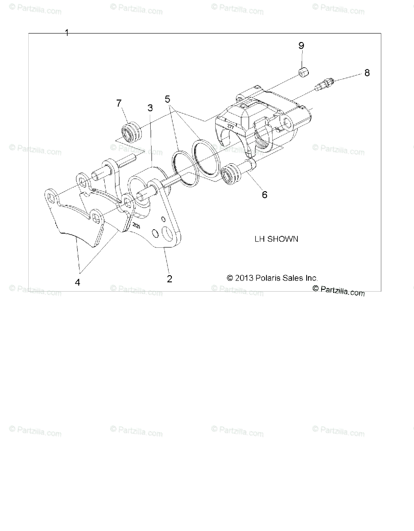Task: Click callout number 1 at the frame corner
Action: [x=67, y=33]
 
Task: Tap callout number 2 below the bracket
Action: [x=169, y=279]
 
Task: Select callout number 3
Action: [x=150, y=108]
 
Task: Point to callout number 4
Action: [x=78, y=282]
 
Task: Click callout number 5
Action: [x=168, y=99]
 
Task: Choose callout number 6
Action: [x=265, y=194]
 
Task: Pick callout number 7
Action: [x=119, y=104]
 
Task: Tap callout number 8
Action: [x=367, y=73]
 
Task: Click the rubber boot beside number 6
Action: [x=232, y=174]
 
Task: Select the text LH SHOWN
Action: [x=276, y=239]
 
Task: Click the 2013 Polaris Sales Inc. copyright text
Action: [x=272, y=278]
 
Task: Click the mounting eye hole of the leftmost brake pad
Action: [x=52, y=196]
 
